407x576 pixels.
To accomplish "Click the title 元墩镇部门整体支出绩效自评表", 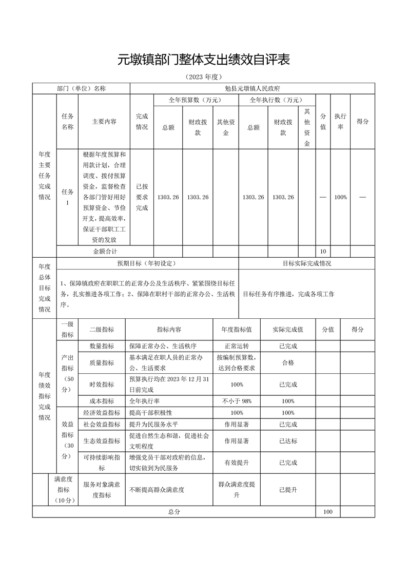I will (204, 60).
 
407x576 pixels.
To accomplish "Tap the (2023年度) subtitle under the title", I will (204, 78).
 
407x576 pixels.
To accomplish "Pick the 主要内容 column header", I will (104, 122).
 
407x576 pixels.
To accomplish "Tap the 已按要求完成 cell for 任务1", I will (142, 197).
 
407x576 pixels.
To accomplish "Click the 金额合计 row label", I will (105, 252).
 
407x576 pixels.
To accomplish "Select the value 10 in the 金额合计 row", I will (323, 252).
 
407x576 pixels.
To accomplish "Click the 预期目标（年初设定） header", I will (147, 263).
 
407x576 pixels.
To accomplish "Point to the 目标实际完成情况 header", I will (307, 263).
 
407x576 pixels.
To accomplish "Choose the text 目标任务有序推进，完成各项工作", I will (288, 294).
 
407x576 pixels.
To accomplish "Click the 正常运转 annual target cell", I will (237, 346).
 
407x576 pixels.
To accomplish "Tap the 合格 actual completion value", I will (288, 362).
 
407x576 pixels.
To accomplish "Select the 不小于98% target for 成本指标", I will (237, 401).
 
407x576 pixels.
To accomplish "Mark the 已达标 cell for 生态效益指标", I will (288, 440).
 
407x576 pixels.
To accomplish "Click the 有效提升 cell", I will (237, 463).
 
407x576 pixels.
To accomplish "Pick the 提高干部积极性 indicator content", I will (150, 413).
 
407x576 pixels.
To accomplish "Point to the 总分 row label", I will (174, 512).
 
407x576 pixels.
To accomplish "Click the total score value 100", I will (328, 512).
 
